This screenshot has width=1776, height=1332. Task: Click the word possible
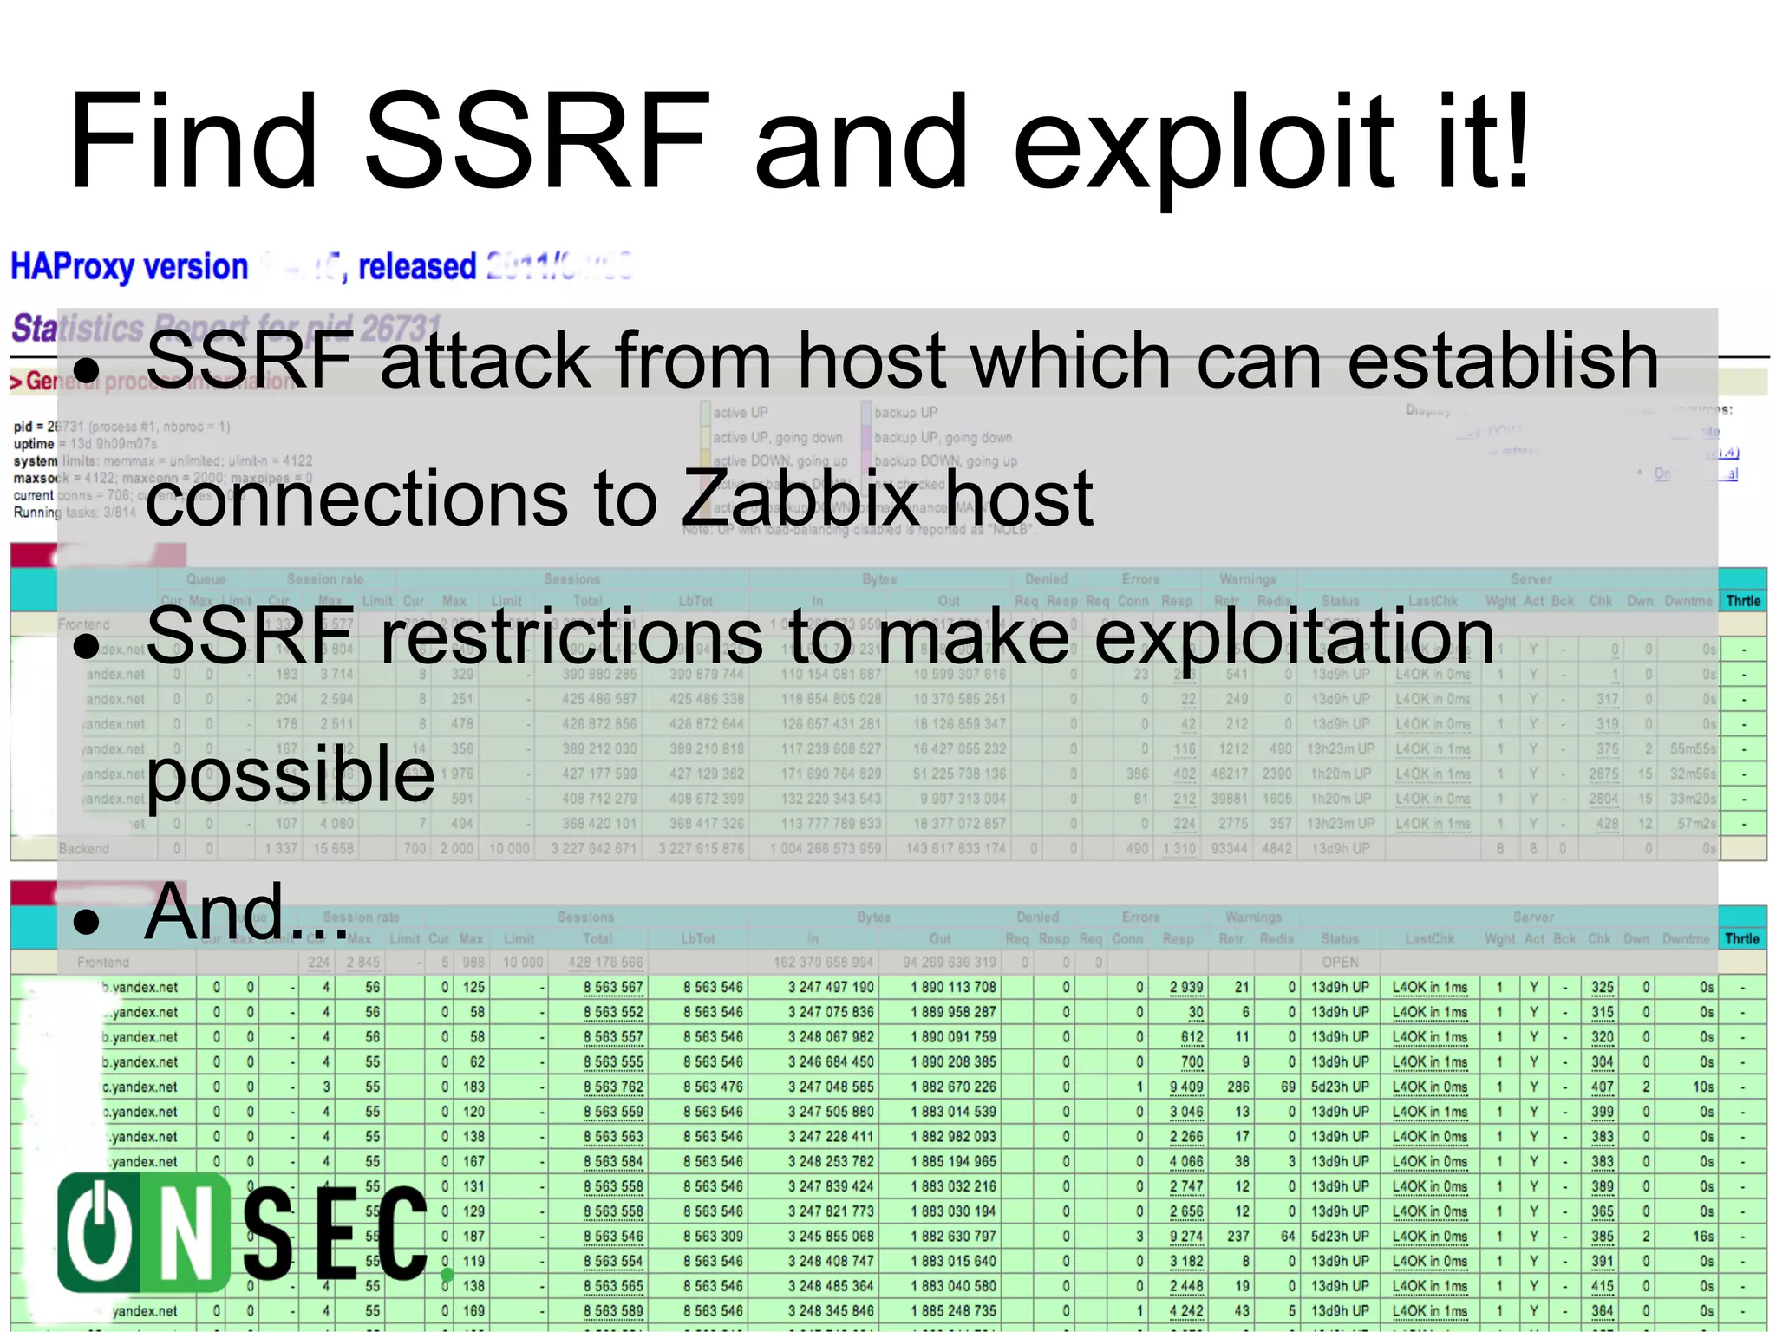[x=290, y=774]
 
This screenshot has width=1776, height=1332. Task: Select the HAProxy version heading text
[x=129, y=266]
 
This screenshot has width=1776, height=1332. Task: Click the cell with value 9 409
[x=1185, y=1087]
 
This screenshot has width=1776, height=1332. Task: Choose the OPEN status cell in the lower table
[x=1340, y=962]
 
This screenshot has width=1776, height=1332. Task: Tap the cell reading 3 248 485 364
[x=831, y=1286]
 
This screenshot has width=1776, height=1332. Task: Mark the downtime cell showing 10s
[x=1703, y=1087]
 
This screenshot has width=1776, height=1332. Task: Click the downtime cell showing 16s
[x=1703, y=1237]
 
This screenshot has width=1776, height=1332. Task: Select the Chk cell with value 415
[x=1602, y=1286]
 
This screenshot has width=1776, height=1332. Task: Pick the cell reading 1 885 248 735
[x=953, y=1311]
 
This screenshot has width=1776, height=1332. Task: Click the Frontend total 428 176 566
[x=605, y=962]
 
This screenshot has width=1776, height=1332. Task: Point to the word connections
[x=356, y=499]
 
